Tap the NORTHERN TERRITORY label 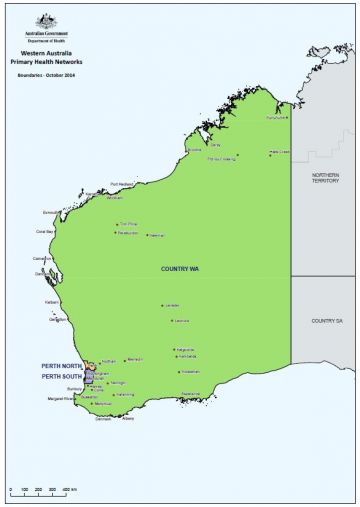pos(322,177)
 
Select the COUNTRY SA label pos(325,320)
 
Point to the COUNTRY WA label pos(182,269)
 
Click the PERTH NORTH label pos(61,366)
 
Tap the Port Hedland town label pos(121,184)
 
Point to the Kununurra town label pos(277,118)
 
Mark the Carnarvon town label pos(43,258)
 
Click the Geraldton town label pos(57,320)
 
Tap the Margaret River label pos(61,399)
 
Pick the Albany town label pos(127,418)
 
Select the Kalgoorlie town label pos(186,350)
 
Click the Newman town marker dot pos(146,235)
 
